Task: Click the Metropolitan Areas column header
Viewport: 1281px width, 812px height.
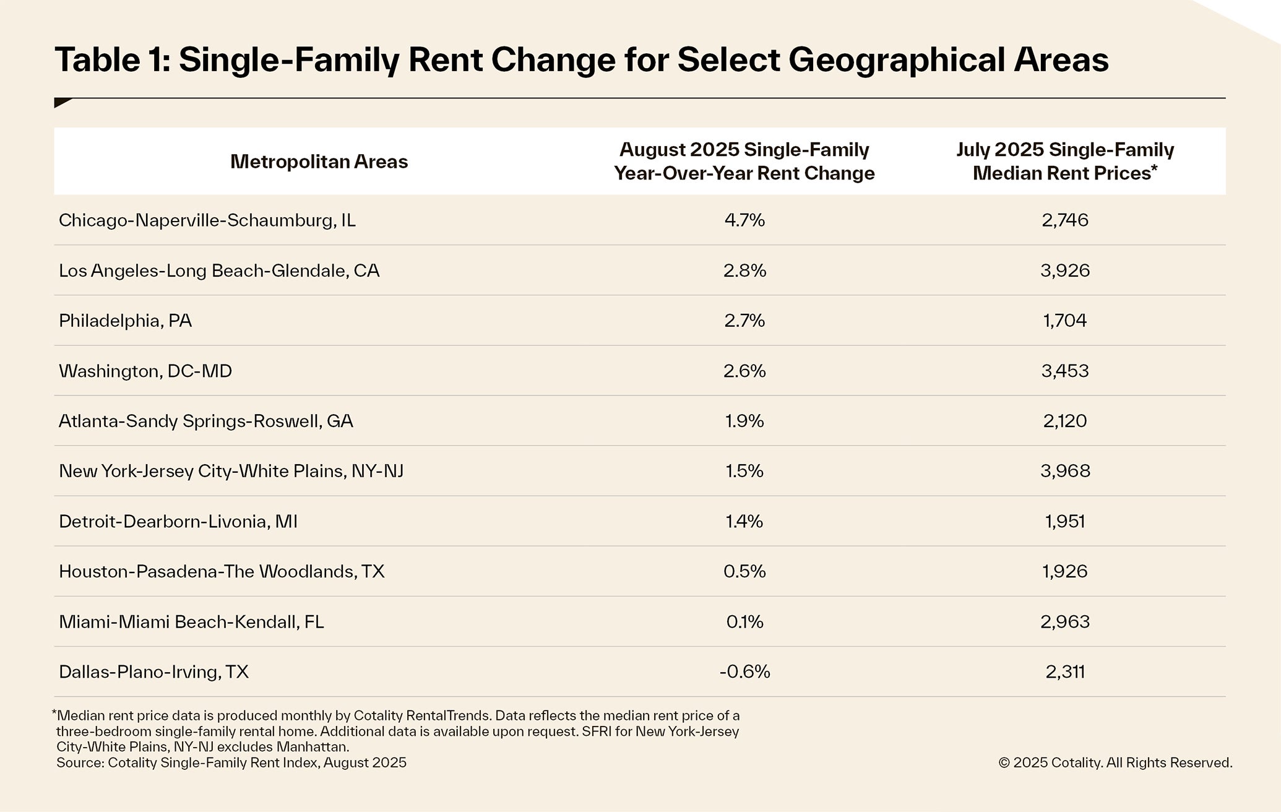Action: click(319, 162)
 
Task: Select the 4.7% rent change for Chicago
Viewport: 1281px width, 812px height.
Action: click(744, 220)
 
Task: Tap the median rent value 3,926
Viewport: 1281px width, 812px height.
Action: click(1064, 270)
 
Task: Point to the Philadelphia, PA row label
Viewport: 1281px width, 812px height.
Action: click(125, 321)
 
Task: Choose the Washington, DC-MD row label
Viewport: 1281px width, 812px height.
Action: click(145, 371)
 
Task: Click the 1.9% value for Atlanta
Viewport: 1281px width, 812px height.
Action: click(744, 421)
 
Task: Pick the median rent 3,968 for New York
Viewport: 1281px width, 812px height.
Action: click(1064, 471)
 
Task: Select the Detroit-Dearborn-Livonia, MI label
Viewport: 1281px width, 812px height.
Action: click(178, 521)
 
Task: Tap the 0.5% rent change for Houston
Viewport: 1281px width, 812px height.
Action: click(744, 571)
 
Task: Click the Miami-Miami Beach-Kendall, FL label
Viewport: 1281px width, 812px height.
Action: click(191, 621)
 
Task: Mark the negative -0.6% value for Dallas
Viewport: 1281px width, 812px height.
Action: click(744, 672)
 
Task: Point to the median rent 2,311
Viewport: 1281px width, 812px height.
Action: click(1064, 672)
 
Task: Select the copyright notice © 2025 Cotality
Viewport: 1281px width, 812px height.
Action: click(1115, 762)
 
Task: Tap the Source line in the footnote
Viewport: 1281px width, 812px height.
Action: click(231, 762)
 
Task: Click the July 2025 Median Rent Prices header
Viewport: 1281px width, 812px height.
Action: click(1064, 162)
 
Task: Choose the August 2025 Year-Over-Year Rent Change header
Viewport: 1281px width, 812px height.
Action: click(744, 162)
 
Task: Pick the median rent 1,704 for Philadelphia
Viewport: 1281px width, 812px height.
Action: click(1064, 321)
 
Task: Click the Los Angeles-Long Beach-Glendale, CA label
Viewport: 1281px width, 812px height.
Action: click(219, 270)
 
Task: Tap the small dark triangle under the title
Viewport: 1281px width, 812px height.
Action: click(61, 103)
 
